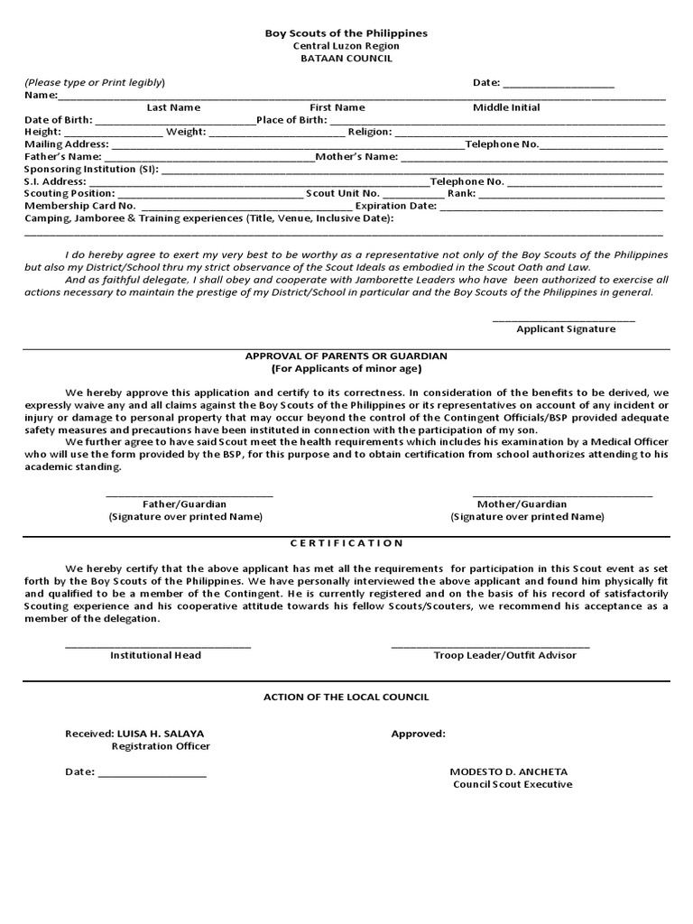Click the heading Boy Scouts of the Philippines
pos(346,33)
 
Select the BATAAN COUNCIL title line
pos(346,59)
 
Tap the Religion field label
pos(370,132)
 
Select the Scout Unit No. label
pos(343,194)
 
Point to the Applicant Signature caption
pos(566,329)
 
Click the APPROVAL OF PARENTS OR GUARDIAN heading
pos(346,356)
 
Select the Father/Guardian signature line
pos(189,494)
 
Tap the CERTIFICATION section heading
pos(346,543)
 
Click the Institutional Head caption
pos(155,655)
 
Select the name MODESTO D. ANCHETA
pos(509,772)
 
